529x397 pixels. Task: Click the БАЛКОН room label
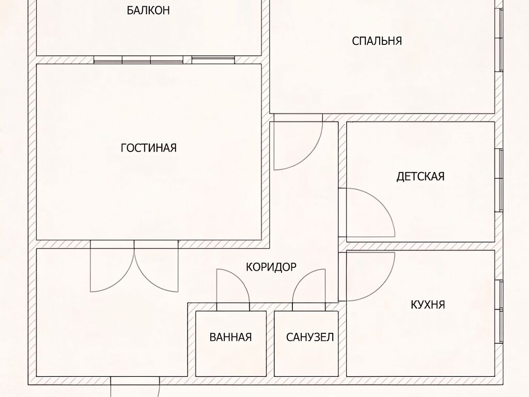click(148, 10)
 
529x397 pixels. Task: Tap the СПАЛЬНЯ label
click(377, 41)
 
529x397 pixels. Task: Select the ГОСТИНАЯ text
click(148, 148)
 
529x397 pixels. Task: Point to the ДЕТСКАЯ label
click(421, 176)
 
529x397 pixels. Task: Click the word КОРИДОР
click(271, 267)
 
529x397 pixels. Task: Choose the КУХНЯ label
click(428, 304)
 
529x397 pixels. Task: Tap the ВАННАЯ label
click(230, 337)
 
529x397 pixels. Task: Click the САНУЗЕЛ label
click(310, 337)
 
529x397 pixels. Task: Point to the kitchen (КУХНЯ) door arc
click(385, 285)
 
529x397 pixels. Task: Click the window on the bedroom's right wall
click(499, 39)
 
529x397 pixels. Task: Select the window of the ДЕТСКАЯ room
click(499, 180)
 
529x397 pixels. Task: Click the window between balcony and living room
click(164, 60)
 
